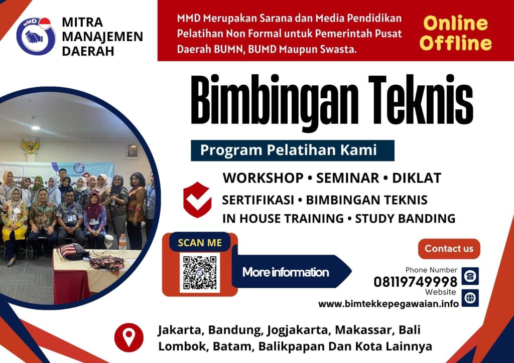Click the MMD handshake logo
click(35, 36)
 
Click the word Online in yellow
click(455, 24)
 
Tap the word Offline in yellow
click(456, 44)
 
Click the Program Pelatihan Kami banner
click(292, 150)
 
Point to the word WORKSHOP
click(263, 177)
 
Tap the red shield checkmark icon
click(197, 199)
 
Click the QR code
click(200, 273)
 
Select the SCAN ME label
click(199, 243)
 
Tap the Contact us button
click(449, 249)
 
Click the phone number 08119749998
click(415, 282)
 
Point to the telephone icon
click(470, 276)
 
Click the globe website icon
click(470, 298)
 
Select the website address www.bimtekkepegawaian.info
click(389, 304)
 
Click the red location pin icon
click(128, 337)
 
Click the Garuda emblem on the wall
click(30, 146)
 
